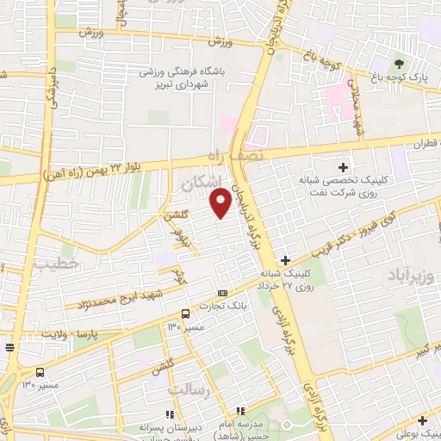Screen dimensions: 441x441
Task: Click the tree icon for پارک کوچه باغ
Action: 398,65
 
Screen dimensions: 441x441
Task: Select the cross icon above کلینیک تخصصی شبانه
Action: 343,166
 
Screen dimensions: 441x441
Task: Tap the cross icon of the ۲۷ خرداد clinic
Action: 285,259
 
